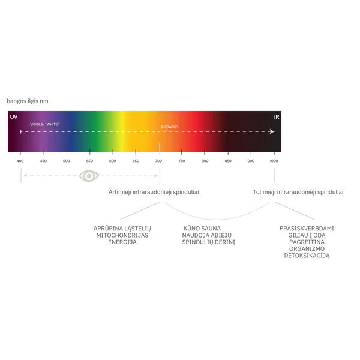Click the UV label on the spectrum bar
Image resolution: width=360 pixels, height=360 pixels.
tap(14, 117)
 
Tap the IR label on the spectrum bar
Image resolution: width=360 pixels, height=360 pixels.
tap(277, 117)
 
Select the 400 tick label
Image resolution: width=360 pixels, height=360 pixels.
tap(20, 161)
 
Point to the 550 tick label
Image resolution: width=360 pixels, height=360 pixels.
tap(89, 161)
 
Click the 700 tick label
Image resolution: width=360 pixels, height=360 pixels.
tap(158, 161)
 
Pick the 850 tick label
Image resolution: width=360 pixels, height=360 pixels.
tap(228, 161)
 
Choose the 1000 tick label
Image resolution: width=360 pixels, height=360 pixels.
tap(274, 161)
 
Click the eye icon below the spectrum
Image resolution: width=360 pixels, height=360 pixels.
tap(89, 176)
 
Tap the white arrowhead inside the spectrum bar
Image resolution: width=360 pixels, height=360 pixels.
tap(272, 131)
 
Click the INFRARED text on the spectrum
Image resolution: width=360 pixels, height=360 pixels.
tap(169, 127)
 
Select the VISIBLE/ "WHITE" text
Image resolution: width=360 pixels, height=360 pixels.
tap(44, 124)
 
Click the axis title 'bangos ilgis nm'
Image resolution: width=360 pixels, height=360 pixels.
tap(28, 101)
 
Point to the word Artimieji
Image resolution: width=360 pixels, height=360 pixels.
tap(119, 192)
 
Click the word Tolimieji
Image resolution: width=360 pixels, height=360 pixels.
tap(264, 192)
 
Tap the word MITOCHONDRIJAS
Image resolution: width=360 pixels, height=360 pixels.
tap(122, 235)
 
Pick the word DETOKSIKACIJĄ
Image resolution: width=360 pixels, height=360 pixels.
tap(307, 256)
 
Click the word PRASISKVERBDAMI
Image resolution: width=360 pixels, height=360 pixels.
tap(307, 229)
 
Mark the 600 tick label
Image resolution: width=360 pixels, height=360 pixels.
tap(113, 161)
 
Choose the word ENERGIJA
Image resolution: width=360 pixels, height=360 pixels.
tap(122, 242)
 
